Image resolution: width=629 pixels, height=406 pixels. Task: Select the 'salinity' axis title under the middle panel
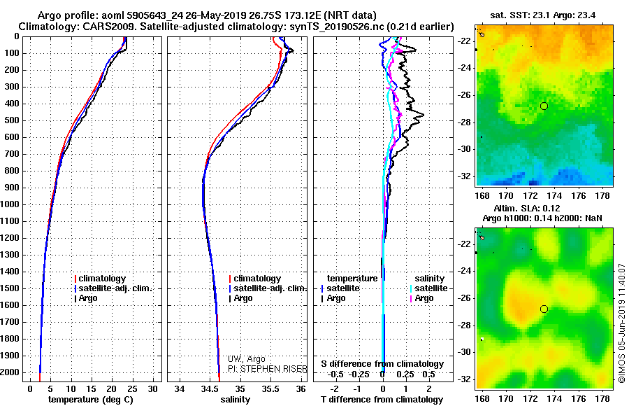click(x=235, y=399)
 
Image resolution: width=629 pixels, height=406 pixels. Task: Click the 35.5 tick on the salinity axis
click(x=270, y=388)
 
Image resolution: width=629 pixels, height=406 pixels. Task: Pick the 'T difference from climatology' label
click(x=382, y=399)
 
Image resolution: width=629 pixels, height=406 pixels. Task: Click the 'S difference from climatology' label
click(x=382, y=364)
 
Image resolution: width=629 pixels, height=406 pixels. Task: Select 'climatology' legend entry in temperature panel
click(x=104, y=279)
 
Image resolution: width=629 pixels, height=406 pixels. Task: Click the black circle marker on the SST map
click(x=544, y=106)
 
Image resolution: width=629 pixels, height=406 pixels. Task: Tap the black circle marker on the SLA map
click(x=544, y=309)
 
